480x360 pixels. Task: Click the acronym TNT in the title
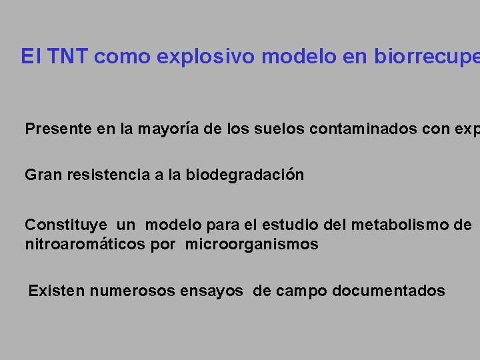click(68, 57)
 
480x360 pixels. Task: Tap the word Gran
click(41, 175)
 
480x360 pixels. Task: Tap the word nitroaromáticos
click(85, 245)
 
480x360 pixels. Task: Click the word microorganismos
click(251, 245)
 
